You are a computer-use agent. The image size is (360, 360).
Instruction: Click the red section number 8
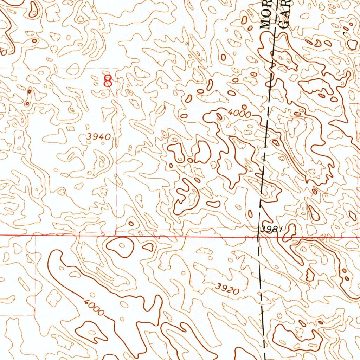click(108, 81)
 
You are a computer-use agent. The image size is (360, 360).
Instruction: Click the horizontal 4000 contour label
click(239, 113)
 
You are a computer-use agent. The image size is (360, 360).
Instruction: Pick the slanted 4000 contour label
click(94, 307)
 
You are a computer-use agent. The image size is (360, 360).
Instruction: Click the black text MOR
click(266, 16)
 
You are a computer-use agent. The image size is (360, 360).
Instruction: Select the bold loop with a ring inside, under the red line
click(121, 246)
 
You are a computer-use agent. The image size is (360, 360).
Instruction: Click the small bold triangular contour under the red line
click(149, 247)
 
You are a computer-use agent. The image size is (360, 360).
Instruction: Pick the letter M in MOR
click(266, 25)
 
